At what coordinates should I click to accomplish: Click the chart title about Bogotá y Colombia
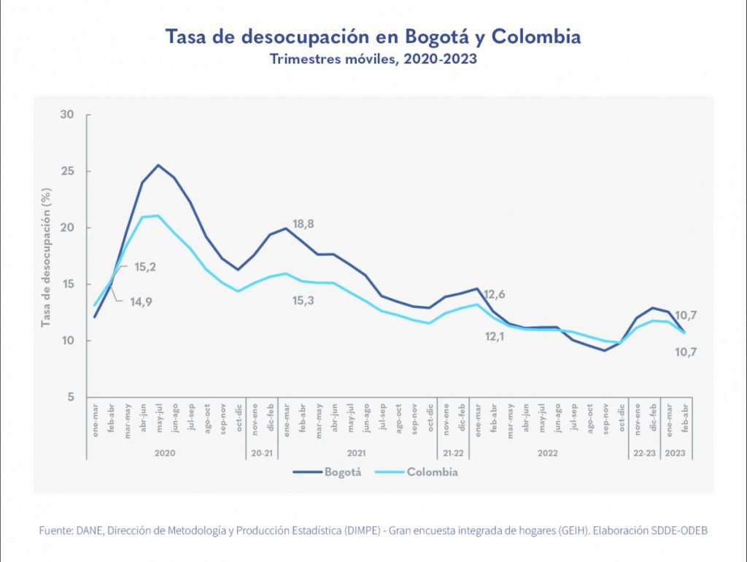tap(373, 36)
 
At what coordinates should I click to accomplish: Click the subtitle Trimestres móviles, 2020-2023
tap(373, 59)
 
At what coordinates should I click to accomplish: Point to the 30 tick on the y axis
tap(68, 115)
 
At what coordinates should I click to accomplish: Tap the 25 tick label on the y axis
tap(68, 172)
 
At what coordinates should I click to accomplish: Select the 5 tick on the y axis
tap(71, 397)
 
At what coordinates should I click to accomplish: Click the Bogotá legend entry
tap(328, 472)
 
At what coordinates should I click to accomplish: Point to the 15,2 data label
tap(145, 267)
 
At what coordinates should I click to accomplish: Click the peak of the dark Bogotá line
tap(158, 165)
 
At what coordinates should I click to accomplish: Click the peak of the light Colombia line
tap(158, 215)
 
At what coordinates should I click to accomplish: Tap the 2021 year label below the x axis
tap(356, 453)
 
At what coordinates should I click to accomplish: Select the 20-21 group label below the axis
tap(261, 453)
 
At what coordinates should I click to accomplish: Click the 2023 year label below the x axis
tap(676, 453)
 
